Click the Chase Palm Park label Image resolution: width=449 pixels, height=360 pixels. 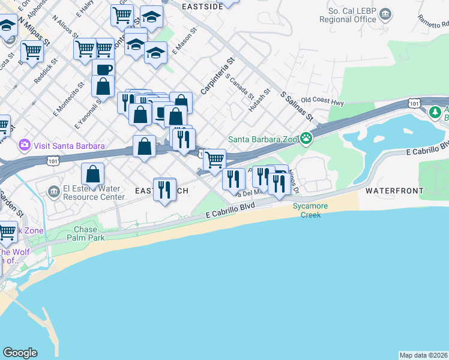(89, 233)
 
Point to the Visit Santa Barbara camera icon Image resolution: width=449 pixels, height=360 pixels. (25, 145)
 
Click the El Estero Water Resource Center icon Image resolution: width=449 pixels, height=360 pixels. (54, 192)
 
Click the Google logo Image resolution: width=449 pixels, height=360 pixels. (20, 353)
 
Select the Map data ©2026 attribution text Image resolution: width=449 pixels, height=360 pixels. (423, 355)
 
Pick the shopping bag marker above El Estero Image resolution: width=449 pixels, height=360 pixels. (93, 174)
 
